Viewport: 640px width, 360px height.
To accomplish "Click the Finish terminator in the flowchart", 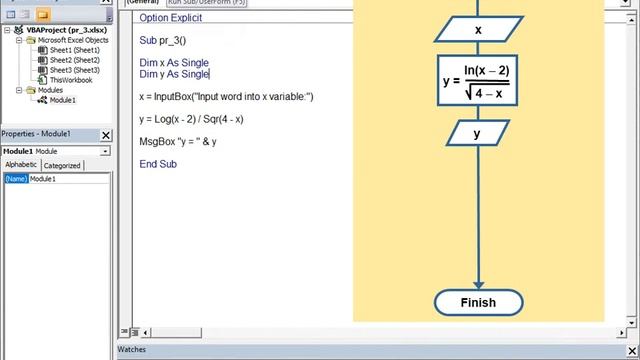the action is click(478, 302).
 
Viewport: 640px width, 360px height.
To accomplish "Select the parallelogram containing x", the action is click(478, 30).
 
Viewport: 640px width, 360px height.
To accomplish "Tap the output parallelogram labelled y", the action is click(477, 133).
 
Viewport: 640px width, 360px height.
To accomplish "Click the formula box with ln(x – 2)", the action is click(478, 81).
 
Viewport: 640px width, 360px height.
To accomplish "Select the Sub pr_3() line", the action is click(163, 41).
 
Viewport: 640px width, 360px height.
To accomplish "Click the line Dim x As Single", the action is click(174, 63).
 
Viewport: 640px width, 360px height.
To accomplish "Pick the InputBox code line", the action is click(226, 97).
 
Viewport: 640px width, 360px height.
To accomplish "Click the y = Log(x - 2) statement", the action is click(191, 119).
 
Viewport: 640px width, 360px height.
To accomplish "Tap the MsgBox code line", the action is click(178, 141).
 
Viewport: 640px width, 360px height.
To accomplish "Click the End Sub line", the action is click(158, 164).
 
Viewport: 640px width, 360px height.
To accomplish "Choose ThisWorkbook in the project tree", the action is click(70, 80).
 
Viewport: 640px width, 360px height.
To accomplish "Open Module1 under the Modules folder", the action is click(62, 100).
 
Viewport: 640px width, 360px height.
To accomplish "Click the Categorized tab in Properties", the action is click(61, 166).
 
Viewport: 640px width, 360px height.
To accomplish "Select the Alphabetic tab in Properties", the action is click(20, 165).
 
